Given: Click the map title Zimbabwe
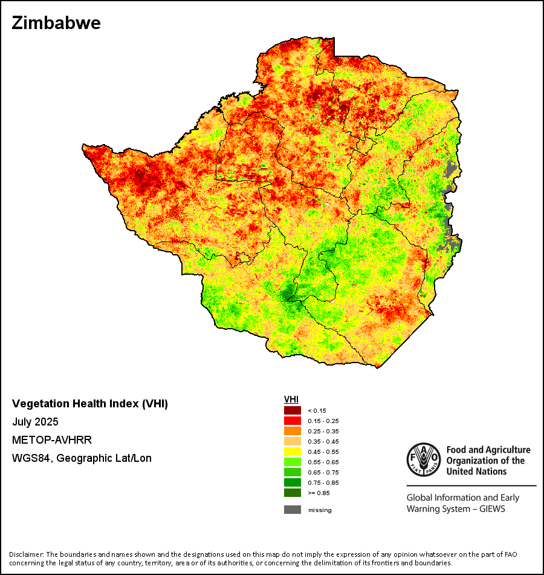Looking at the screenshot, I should pyautogui.click(x=56, y=24).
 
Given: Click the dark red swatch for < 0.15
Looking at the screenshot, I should pyautogui.click(x=293, y=410).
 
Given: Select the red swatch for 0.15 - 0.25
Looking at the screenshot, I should pyautogui.click(x=293, y=421).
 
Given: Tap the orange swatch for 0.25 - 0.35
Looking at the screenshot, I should pyautogui.click(x=293, y=431).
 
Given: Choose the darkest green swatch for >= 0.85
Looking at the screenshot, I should pyautogui.click(x=293, y=493).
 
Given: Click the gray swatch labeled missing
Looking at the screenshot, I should pyautogui.click(x=293, y=510).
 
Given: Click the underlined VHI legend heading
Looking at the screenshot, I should pyautogui.click(x=291, y=399).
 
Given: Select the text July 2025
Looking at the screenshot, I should pyautogui.click(x=35, y=422).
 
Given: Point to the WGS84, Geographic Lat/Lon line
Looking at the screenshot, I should pyautogui.click(x=82, y=458).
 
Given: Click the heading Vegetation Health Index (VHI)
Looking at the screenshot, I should pyautogui.click(x=90, y=404).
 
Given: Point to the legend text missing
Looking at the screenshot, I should pyautogui.click(x=320, y=510).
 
